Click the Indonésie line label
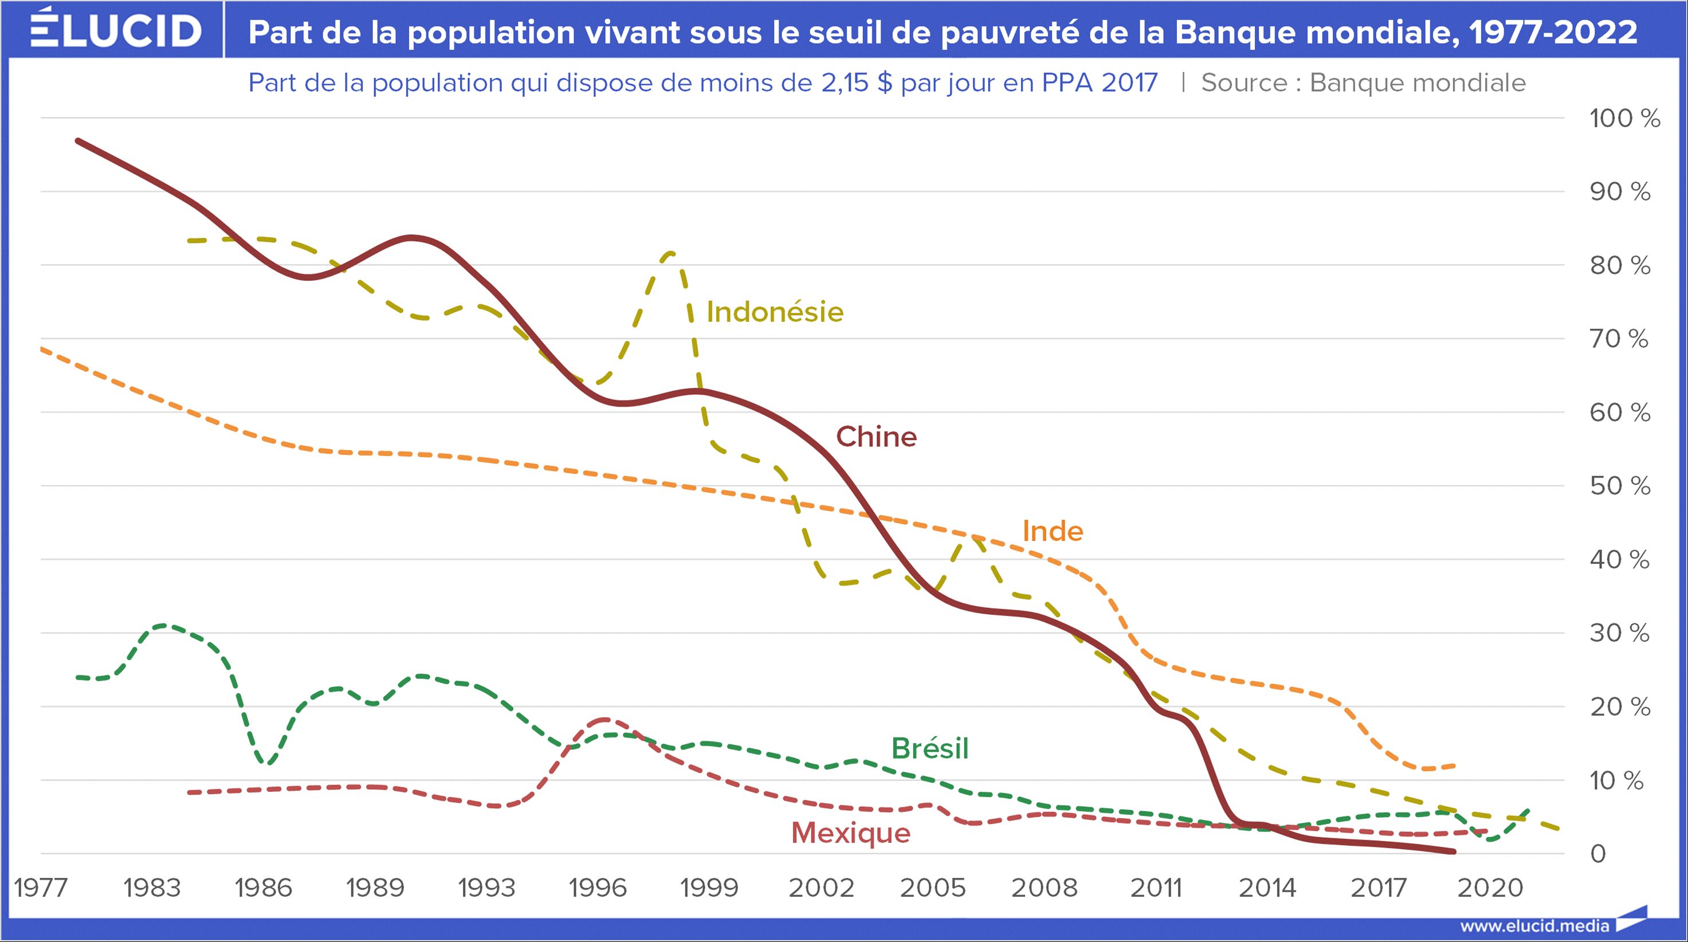pos(775,312)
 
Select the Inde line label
pos(1053,531)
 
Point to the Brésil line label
pos(930,748)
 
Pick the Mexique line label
pos(850,833)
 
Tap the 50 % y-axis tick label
pos(1619,486)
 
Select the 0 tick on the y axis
pos(1598,854)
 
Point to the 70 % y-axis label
pos(1619,339)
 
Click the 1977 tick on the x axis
pos(41,888)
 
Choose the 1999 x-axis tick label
pos(709,888)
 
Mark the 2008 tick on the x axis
pos(1044,888)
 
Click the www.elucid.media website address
pos(1534,925)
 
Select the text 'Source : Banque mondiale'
pos(1363,83)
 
